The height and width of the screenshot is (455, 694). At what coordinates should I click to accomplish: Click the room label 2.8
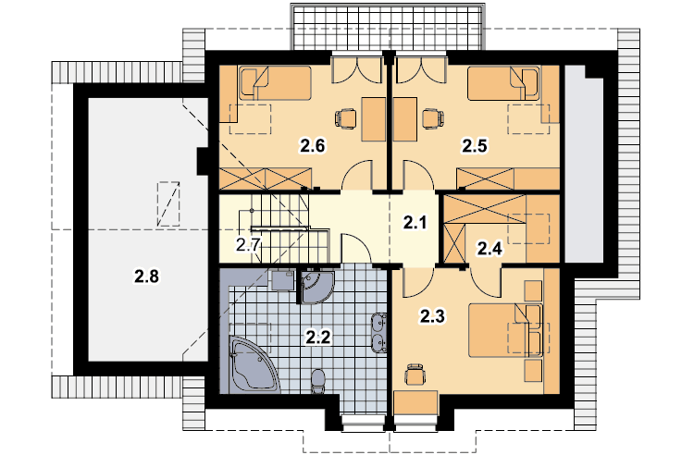(x=147, y=277)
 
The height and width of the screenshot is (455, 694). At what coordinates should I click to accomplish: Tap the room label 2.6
(x=313, y=145)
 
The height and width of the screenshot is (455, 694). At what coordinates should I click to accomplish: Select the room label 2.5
(x=475, y=145)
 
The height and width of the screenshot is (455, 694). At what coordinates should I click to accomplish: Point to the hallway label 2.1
(x=415, y=223)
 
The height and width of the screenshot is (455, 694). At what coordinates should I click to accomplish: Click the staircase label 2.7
(x=248, y=244)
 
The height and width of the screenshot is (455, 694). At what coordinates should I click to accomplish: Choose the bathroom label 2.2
(x=317, y=338)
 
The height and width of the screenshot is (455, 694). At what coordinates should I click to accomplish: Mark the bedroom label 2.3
(x=432, y=316)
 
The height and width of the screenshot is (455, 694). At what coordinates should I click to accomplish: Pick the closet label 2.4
(x=490, y=249)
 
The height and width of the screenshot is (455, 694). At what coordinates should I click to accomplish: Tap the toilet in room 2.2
(x=317, y=381)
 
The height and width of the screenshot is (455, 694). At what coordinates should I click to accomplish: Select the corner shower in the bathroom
(x=316, y=288)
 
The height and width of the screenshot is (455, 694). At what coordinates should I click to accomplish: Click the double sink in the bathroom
(x=378, y=333)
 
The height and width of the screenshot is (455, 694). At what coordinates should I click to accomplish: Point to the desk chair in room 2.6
(x=346, y=119)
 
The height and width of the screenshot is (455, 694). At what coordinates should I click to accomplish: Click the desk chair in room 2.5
(x=433, y=119)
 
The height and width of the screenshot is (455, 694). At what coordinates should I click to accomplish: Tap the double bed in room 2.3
(x=505, y=330)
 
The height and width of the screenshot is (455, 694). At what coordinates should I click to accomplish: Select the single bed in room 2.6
(x=276, y=83)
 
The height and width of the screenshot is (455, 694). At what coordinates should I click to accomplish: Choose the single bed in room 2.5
(x=503, y=83)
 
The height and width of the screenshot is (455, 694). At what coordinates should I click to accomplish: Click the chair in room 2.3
(x=415, y=375)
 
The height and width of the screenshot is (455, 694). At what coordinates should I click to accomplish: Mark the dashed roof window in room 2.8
(x=168, y=203)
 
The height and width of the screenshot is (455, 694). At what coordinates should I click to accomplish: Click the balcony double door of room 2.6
(x=357, y=69)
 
